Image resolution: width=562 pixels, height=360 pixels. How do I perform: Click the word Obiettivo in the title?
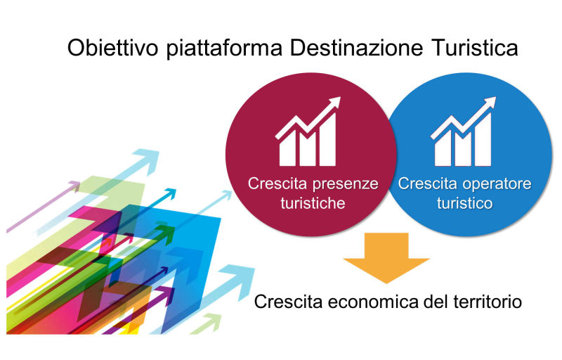(x=112, y=48)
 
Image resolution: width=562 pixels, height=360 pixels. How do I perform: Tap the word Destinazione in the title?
(x=357, y=48)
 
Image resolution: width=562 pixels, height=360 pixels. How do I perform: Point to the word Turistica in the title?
(x=475, y=48)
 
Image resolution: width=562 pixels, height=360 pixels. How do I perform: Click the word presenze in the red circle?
(x=346, y=185)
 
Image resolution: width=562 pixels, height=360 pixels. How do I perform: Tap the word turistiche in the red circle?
(x=313, y=203)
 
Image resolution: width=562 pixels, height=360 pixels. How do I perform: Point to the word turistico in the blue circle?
(x=465, y=203)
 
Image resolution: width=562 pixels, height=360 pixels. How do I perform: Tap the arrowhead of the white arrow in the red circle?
(x=334, y=103)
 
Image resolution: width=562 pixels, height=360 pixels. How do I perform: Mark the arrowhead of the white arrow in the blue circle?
(x=489, y=103)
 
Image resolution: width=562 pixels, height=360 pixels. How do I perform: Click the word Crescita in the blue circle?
(x=429, y=184)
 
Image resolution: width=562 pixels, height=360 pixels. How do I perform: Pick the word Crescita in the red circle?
(x=278, y=184)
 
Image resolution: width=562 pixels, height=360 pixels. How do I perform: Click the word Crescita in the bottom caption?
(x=289, y=302)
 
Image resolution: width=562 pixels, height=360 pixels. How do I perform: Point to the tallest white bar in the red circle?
(x=327, y=140)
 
